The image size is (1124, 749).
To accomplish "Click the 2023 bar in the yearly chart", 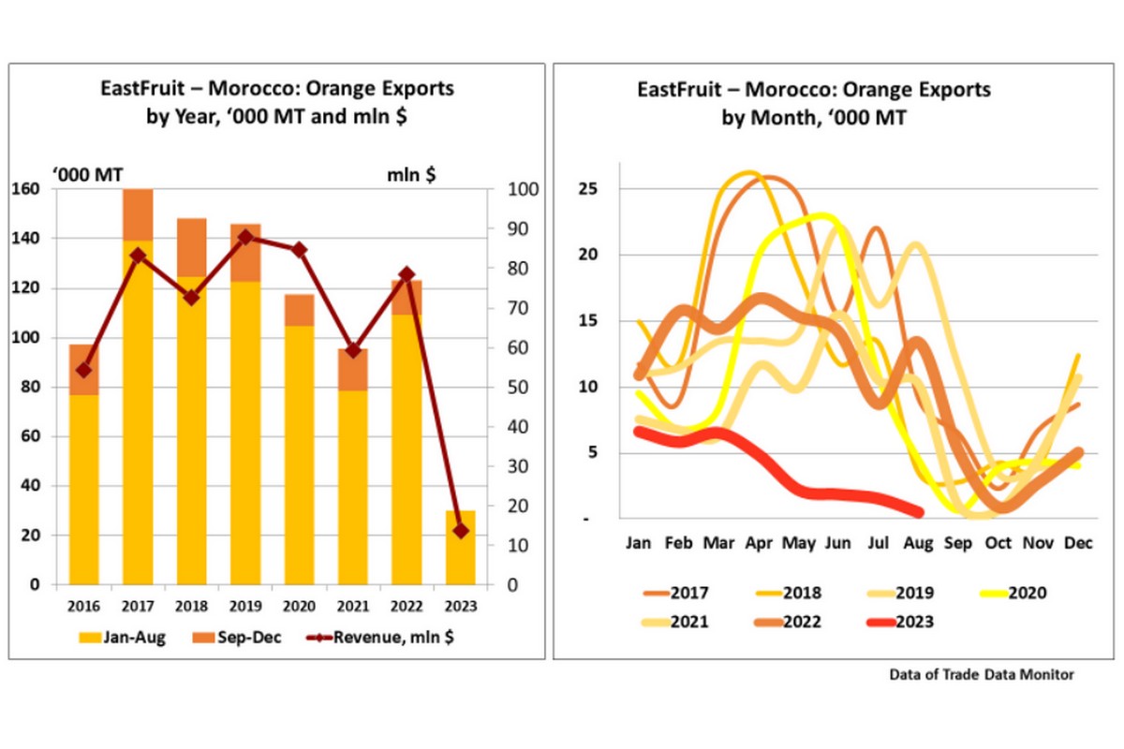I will (x=461, y=552).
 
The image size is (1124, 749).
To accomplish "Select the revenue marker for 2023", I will (x=461, y=531).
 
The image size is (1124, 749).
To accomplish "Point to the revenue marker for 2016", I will (x=83, y=370).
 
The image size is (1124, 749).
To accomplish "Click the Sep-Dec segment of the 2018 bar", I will (x=192, y=247).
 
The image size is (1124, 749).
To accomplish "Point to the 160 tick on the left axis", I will (x=32, y=189).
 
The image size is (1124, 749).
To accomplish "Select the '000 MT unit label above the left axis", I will (x=86, y=173).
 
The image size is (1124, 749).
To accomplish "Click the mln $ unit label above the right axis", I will (x=411, y=173).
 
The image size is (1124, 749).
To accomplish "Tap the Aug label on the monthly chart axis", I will (x=917, y=542).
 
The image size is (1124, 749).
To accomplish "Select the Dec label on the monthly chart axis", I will (x=1078, y=542).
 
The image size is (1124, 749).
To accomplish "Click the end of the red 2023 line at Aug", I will (x=918, y=512).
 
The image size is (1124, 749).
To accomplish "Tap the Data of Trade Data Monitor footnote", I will (x=982, y=673).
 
